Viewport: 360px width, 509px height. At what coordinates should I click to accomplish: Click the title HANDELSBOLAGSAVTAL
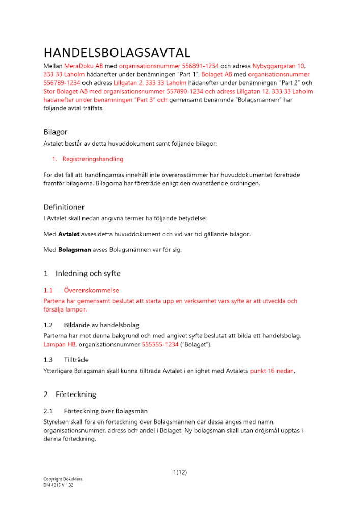[117, 52]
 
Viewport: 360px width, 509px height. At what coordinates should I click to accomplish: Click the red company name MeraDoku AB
[84, 66]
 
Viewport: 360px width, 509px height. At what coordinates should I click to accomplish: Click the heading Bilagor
[56, 132]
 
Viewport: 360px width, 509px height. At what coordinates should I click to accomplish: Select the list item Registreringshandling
[93, 159]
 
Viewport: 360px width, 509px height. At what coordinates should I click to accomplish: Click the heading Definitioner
[64, 207]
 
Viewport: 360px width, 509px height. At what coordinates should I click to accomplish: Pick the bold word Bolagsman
[75, 250]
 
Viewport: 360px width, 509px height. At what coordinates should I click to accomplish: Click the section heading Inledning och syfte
[88, 273]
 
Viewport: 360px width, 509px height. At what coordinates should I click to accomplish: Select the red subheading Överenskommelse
[92, 290]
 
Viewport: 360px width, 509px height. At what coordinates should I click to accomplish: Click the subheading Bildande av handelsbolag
[102, 325]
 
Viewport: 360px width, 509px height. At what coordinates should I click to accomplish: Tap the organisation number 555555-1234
[160, 345]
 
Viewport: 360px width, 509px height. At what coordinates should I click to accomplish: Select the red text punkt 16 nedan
[272, 371]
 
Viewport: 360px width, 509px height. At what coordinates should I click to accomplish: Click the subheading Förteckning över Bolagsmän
[106, 411]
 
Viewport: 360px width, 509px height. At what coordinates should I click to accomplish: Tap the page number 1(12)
[180, 472]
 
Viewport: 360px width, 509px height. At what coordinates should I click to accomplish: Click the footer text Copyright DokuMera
[63, 479]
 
